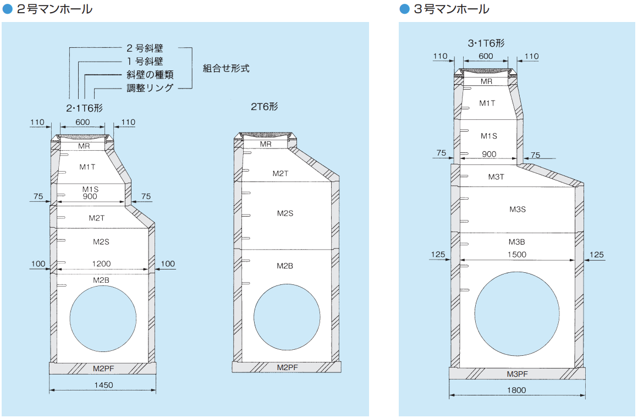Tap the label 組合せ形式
click(226, 69)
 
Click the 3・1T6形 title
click(486, 43)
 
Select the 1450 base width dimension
click(103, 386)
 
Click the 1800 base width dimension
click(516, 390)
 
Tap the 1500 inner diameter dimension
click(516, 255)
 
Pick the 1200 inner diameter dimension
click(103, 263)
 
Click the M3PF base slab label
click(517, 374)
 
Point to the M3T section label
click(496, 177)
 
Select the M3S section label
click(517, 210)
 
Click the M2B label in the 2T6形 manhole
click(284, 266)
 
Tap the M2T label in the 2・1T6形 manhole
click(97, 218)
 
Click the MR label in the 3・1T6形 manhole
click(486, 81)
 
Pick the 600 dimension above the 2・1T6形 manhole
click(83, 122)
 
